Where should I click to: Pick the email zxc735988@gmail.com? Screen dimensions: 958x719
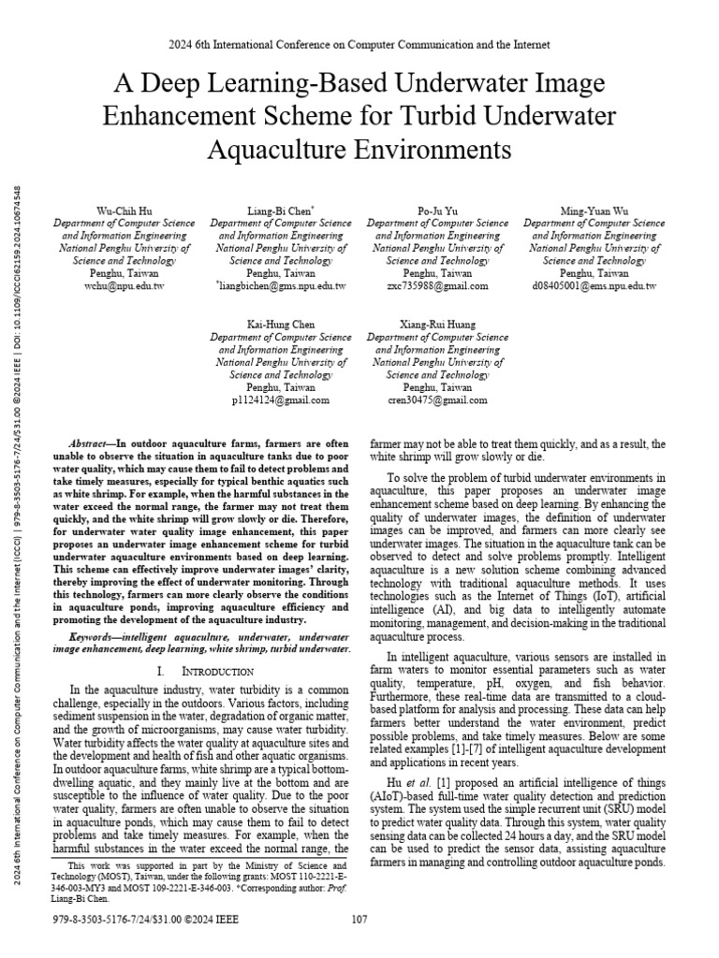[x=437, y=285]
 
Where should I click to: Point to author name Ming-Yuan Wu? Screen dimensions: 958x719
[x=594, y=211]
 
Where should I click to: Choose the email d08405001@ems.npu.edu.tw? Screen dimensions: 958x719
[x=594, y=285]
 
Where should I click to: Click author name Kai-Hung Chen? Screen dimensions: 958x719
[x=281, y=325]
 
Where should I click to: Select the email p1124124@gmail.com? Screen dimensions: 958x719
[x=281, y=399]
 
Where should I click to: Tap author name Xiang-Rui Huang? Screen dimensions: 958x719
[x=437, y=325]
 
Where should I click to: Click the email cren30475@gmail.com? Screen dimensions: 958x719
[x=437, y=399]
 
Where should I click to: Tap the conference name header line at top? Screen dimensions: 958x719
[x=359, y=44]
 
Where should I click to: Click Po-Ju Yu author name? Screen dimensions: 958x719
[x=437, y=211]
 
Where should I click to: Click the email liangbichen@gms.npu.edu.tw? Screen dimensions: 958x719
[x=282, y=285]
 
